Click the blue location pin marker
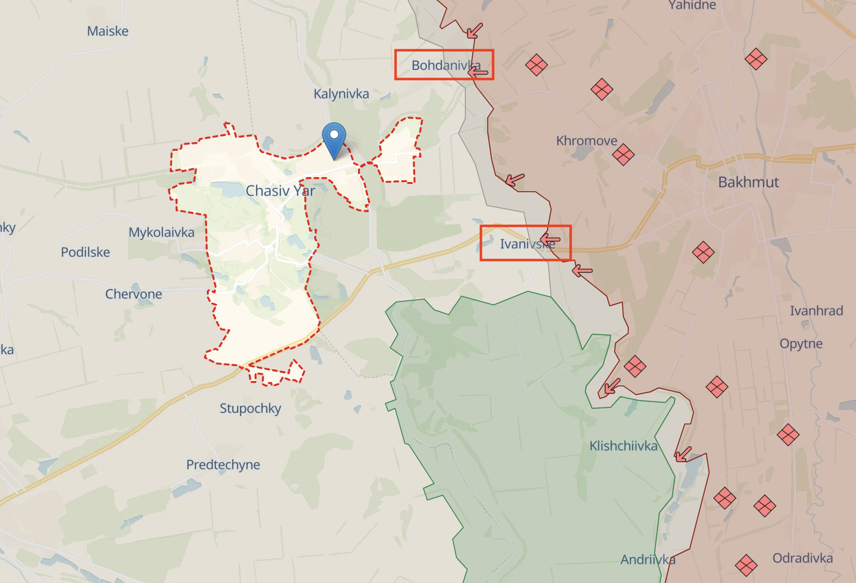pos(334,137)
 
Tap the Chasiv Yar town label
pos(280,191)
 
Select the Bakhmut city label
pos(748,182)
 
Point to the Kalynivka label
pos(341,94)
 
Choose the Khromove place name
pos(586,141)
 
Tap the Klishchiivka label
pos(623,446)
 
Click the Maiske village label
pos(107,31)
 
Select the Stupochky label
pos(250,408)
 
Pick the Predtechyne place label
pos(223,464)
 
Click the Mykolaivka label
pos(161,232)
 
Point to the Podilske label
pos(85,252)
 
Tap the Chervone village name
pos(134,294)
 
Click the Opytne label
pos(800,343)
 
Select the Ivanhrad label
pos(816,311)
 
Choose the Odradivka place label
pos(802,558)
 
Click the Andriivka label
pos(647,560)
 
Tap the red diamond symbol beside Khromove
pos(623,155)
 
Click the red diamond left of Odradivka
pos(746,565)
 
